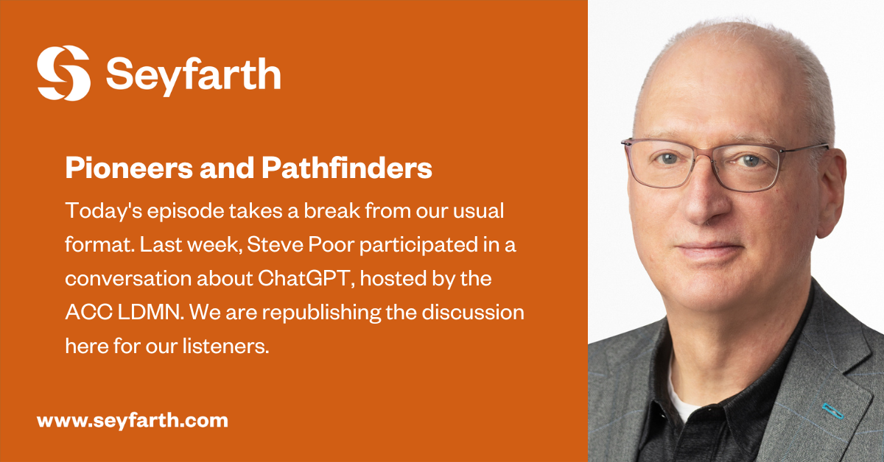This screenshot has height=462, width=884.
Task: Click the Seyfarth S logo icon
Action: [63, 73]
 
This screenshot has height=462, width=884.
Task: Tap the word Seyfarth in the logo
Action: [192, 74]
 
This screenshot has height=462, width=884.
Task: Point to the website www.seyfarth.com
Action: [132, 421]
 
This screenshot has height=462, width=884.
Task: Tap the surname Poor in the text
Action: [319, 245]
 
